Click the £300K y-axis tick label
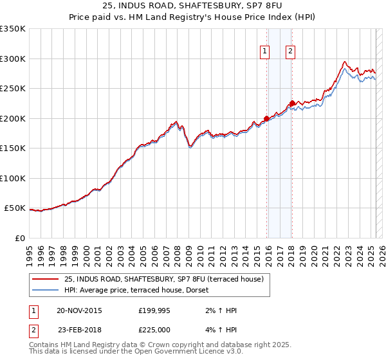[x=12, y=59]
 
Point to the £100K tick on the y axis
[x=12, y=178]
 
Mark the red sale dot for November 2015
[x=266, y=118]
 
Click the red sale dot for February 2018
[x=292, y=103]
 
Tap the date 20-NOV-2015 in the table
[x=79, y=310]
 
